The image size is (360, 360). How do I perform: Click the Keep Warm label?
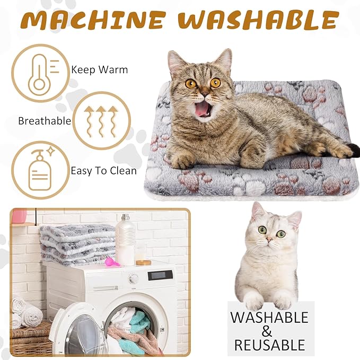(x=99, y=69)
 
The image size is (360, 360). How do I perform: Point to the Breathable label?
(x=45, y=121)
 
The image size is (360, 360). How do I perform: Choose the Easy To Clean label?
(x=103, y=171)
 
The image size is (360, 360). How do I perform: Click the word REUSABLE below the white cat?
(x=270, y=346)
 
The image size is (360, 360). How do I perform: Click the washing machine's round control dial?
(x=134, y=278)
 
